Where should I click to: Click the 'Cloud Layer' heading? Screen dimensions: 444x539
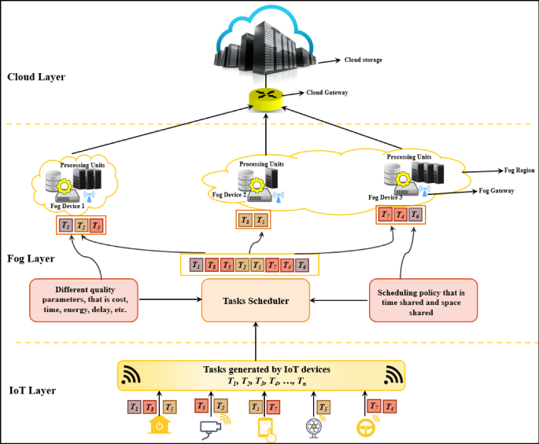[36, 77]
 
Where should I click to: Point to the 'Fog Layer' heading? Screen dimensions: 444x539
[31, 258]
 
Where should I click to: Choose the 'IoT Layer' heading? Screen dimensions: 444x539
[32, 390]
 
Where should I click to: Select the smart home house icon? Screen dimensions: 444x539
[159, 426]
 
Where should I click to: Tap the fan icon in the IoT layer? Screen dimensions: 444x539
[312, 427]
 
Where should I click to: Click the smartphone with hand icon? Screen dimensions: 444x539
[265, 428]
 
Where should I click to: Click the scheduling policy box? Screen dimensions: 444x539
[422, 299]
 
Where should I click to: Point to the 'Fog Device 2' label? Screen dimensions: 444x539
[229, 193]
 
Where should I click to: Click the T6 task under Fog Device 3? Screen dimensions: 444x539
[415, 214]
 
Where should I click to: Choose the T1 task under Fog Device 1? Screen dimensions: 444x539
[65, 226]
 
